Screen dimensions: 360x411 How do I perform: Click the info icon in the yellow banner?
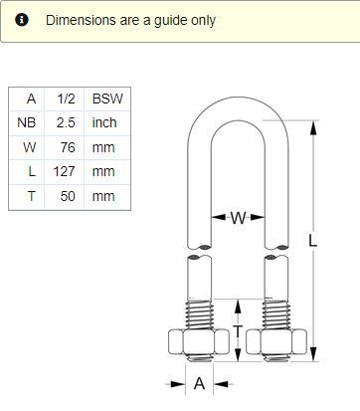[x=22, y=20]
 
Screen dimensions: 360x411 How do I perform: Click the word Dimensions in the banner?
[x=81, y=20]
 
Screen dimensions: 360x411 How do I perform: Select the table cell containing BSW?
[x=107, y=99]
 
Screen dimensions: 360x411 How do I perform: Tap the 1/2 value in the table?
[x=66, y=99]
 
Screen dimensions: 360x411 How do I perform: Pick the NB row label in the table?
[x=26, y=122]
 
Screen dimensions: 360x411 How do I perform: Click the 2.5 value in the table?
[x=66, y=122]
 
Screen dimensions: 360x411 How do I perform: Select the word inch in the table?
[x=104, y=122]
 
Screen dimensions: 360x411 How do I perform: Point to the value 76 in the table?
[x=68, y=147]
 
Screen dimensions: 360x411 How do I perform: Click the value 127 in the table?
[x=65, y=171]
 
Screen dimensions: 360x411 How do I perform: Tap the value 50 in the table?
[x=68, y=196]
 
